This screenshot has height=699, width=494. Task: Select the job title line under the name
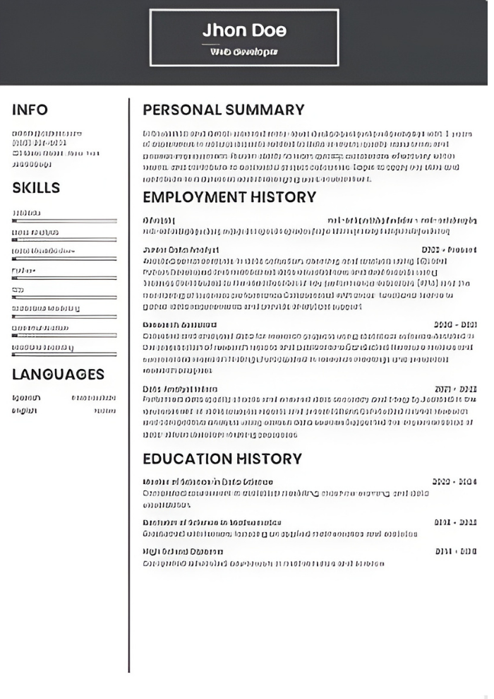point(243,51)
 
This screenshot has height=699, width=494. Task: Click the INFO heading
point(30,110)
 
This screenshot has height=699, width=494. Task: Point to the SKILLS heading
point(36,188)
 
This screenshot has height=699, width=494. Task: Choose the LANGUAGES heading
point(58,374)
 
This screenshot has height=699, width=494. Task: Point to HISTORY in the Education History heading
point(269,459)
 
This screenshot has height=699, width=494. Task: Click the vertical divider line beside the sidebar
point(128,382)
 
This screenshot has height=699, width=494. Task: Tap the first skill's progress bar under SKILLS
point(64,221)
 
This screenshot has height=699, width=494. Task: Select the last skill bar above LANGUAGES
point(64,354)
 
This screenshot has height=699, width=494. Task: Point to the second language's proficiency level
point(104,411)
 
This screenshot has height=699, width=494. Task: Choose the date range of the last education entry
point(455,551)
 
